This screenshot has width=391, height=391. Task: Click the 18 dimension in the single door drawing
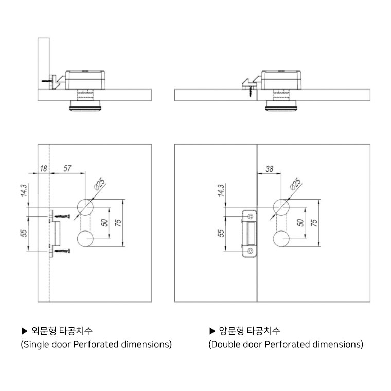(43, 168)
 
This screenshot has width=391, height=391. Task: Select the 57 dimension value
(67, 168)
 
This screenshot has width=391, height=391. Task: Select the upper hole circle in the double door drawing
(281, 207)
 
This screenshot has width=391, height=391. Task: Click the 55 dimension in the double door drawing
(220, 233)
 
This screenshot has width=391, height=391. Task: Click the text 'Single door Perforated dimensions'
(96, 344)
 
